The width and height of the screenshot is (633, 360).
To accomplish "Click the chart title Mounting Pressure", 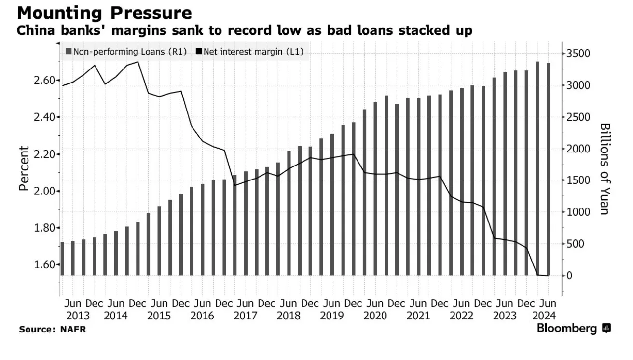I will pos(104,13).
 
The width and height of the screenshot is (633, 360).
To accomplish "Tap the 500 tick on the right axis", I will pos(576,244).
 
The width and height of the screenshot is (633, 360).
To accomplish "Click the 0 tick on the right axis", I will pos(569,276).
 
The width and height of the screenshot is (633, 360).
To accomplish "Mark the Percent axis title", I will pos(24,168).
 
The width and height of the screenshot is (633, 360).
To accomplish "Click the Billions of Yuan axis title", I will pos(605,168).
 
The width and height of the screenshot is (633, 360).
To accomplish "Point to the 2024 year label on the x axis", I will pos(545,316).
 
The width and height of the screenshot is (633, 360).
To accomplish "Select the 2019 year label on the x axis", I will pos(331,316).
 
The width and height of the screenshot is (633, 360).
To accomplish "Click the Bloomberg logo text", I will pos(567,329).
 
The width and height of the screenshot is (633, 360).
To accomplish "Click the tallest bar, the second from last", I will pos(537,168).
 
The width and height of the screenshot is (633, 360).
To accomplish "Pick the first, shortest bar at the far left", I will pos(62,258).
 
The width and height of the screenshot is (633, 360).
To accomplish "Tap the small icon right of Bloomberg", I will pos(606,329).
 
